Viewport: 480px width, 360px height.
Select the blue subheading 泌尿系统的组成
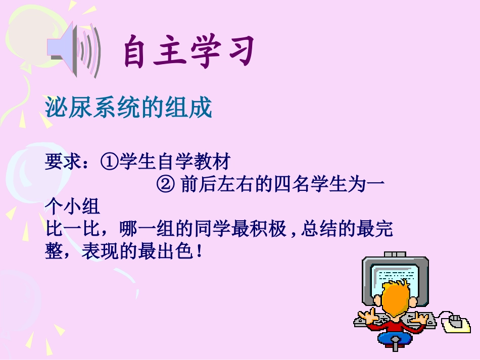pyautogui.click(x=128, y=108)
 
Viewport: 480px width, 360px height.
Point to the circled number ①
pyautogui.click(x=110, y=163)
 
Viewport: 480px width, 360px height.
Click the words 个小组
pyautogui.click(x=72, y=208)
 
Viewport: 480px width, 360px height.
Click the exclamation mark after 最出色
pyautogui.click(x=201, y=252)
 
